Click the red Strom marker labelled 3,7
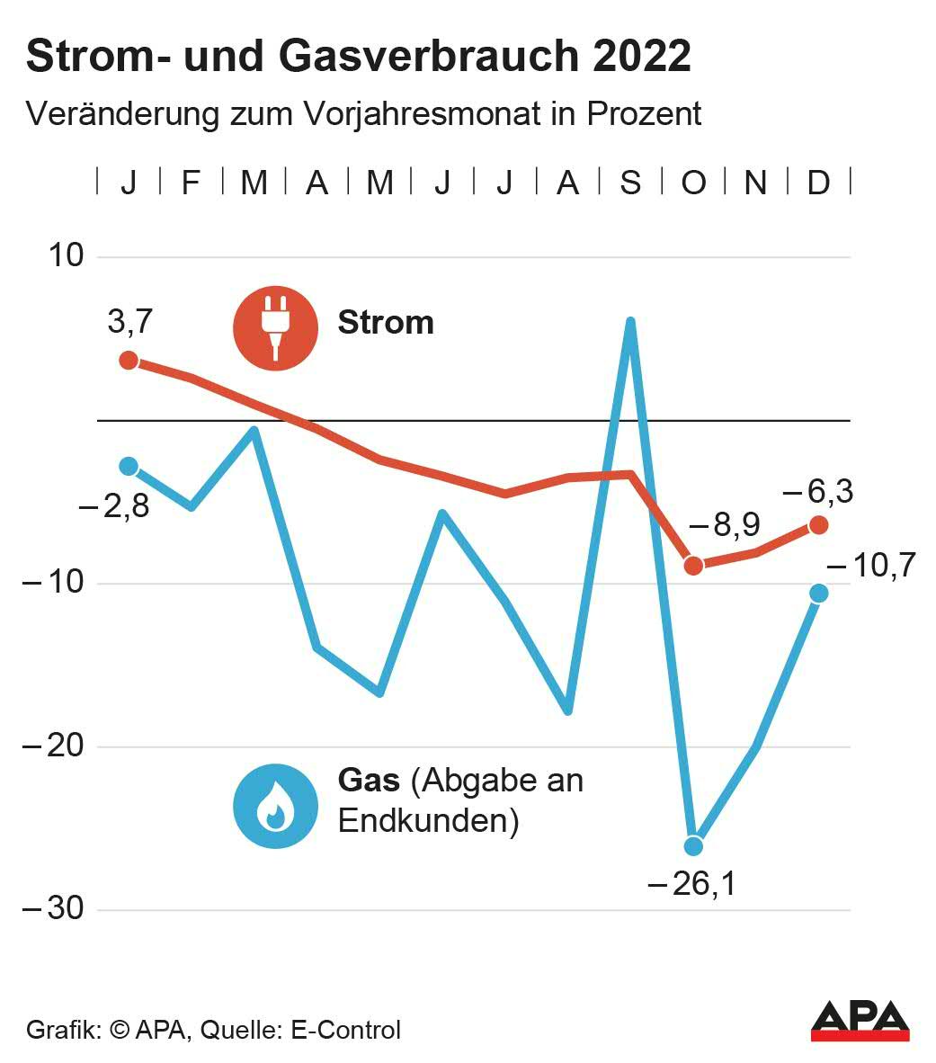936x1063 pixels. [129, 361]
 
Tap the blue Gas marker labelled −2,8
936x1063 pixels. [129, 466]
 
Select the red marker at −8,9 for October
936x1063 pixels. [693, 566]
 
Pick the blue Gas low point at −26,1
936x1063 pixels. [693, 846]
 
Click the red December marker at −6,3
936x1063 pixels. [818, 524]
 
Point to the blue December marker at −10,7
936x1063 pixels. [818, 594]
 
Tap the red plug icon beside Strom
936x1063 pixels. [275, 327]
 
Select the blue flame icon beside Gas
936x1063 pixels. [275, 807]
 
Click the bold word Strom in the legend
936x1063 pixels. [386, 323]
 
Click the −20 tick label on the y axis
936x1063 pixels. [52, 746]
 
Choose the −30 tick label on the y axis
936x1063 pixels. [52, 909]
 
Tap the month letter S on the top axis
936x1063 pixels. [630, 183]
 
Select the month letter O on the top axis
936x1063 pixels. [693, 183]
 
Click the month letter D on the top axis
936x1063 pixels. [818, 183]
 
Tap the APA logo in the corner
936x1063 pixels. [860, 1020]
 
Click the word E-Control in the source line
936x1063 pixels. [346, 1030]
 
